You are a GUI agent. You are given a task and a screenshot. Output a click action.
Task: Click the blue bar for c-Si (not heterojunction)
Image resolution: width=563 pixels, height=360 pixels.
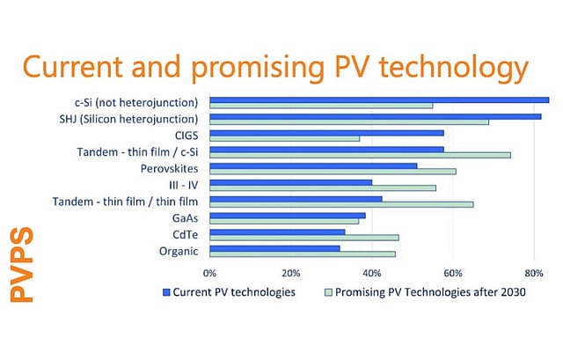[378, 99]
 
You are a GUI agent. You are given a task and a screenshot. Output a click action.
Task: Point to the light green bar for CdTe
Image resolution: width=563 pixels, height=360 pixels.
[304, 238]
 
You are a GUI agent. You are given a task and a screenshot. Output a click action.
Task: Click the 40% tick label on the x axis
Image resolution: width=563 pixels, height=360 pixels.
[372, 272]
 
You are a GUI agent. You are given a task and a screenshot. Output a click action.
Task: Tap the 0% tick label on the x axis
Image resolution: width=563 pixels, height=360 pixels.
[209, 272]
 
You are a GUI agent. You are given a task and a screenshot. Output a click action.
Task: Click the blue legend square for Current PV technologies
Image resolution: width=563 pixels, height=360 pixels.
[165, 291]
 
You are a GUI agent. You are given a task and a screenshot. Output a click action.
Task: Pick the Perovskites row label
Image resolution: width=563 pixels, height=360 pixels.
[170, 168]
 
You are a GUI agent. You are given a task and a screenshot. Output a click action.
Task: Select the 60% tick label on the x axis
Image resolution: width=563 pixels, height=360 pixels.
[453, 272]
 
